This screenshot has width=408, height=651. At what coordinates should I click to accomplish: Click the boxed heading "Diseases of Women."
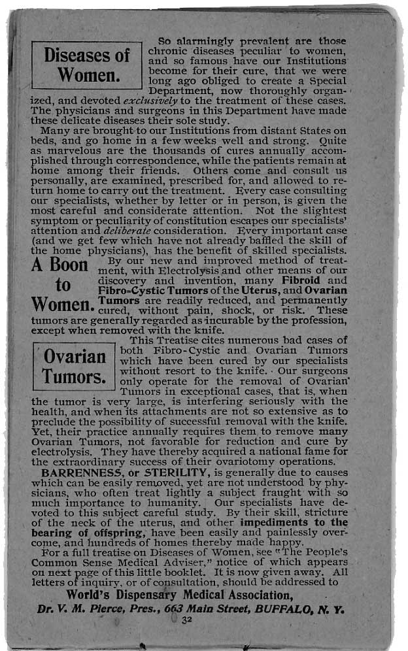(x=87, y=65)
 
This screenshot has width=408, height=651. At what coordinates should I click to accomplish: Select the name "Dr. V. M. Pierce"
(x=73, y=608)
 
